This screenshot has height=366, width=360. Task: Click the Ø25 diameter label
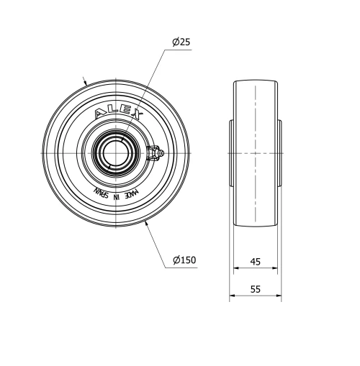181,43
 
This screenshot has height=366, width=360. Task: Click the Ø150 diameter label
184,260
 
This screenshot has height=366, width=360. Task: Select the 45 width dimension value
256,261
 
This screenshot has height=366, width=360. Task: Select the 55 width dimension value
256,289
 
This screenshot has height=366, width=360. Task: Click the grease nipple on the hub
156,152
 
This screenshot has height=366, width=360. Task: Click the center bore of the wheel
115,153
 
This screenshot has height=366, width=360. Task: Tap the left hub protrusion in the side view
231,153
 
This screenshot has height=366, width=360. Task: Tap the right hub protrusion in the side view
279,153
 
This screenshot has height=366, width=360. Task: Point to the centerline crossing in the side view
256,153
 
